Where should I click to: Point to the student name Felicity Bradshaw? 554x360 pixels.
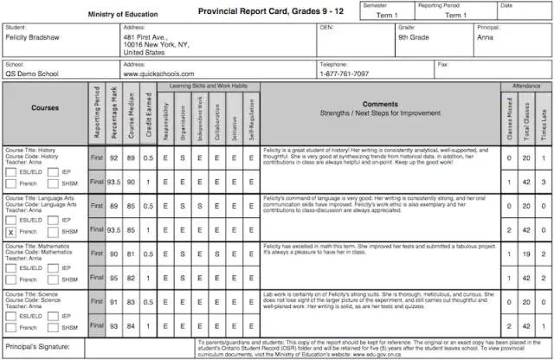tap(35, 38)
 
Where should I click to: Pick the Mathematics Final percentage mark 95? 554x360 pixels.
tap(113, 279)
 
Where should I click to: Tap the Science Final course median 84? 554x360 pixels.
tap(131, 326)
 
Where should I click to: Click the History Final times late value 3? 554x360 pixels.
tap(543, 183)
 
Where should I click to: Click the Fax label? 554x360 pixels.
tap(444, 64)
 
